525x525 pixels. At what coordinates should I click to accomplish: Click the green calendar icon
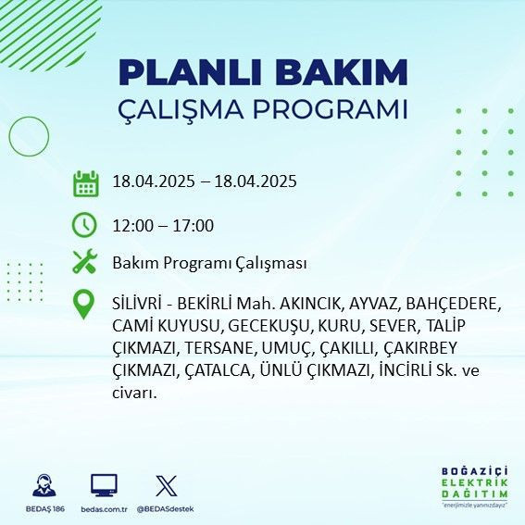point(85,182)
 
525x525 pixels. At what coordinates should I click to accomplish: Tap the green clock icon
point(85,225)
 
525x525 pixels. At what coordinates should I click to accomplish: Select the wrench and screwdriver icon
point(85,263)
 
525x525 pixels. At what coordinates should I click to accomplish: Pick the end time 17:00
point(194,225)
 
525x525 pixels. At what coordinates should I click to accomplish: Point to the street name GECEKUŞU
point(268,326)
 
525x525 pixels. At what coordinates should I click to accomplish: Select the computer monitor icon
point(104,484)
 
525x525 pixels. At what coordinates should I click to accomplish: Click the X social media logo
point(166,484)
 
